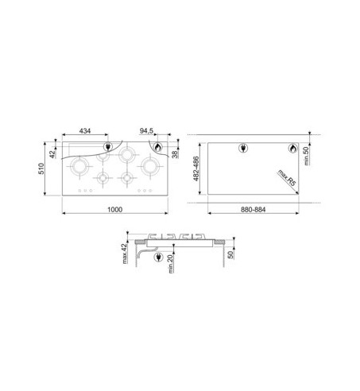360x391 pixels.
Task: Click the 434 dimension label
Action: click(85, 130)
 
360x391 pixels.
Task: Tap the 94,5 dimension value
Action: click(147, 131)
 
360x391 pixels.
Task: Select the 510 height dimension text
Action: click(41, 168)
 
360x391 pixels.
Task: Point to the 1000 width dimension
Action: click(114, 210)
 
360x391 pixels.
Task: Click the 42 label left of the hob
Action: click(53, 153)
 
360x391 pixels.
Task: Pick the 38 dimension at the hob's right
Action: click(175, 153)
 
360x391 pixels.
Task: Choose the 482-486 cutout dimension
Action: click(196, 168)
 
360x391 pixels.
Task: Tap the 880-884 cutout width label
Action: click(253, 210)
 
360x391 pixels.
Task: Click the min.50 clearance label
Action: click(306, 156)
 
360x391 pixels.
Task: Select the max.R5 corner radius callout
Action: click(286, 178)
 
